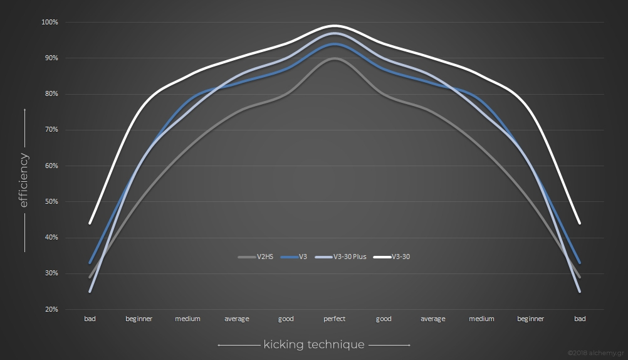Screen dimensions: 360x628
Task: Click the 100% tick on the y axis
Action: tap(50, 23)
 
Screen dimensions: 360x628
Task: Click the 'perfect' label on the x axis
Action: tap(335, 319)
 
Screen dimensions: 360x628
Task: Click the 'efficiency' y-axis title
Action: tap(24, 180)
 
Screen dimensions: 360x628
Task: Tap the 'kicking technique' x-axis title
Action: tap(314, 344)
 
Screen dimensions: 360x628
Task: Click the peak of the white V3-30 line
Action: tap(335, 26)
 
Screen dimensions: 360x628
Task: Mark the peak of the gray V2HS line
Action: tap(335, 58)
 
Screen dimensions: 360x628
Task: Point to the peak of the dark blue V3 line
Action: tap(335, 44)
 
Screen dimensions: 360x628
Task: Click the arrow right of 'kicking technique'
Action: tap(389, 344)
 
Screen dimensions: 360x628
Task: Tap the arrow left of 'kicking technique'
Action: tap(238, 344)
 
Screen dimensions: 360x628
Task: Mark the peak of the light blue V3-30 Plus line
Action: tap(335, 33)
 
